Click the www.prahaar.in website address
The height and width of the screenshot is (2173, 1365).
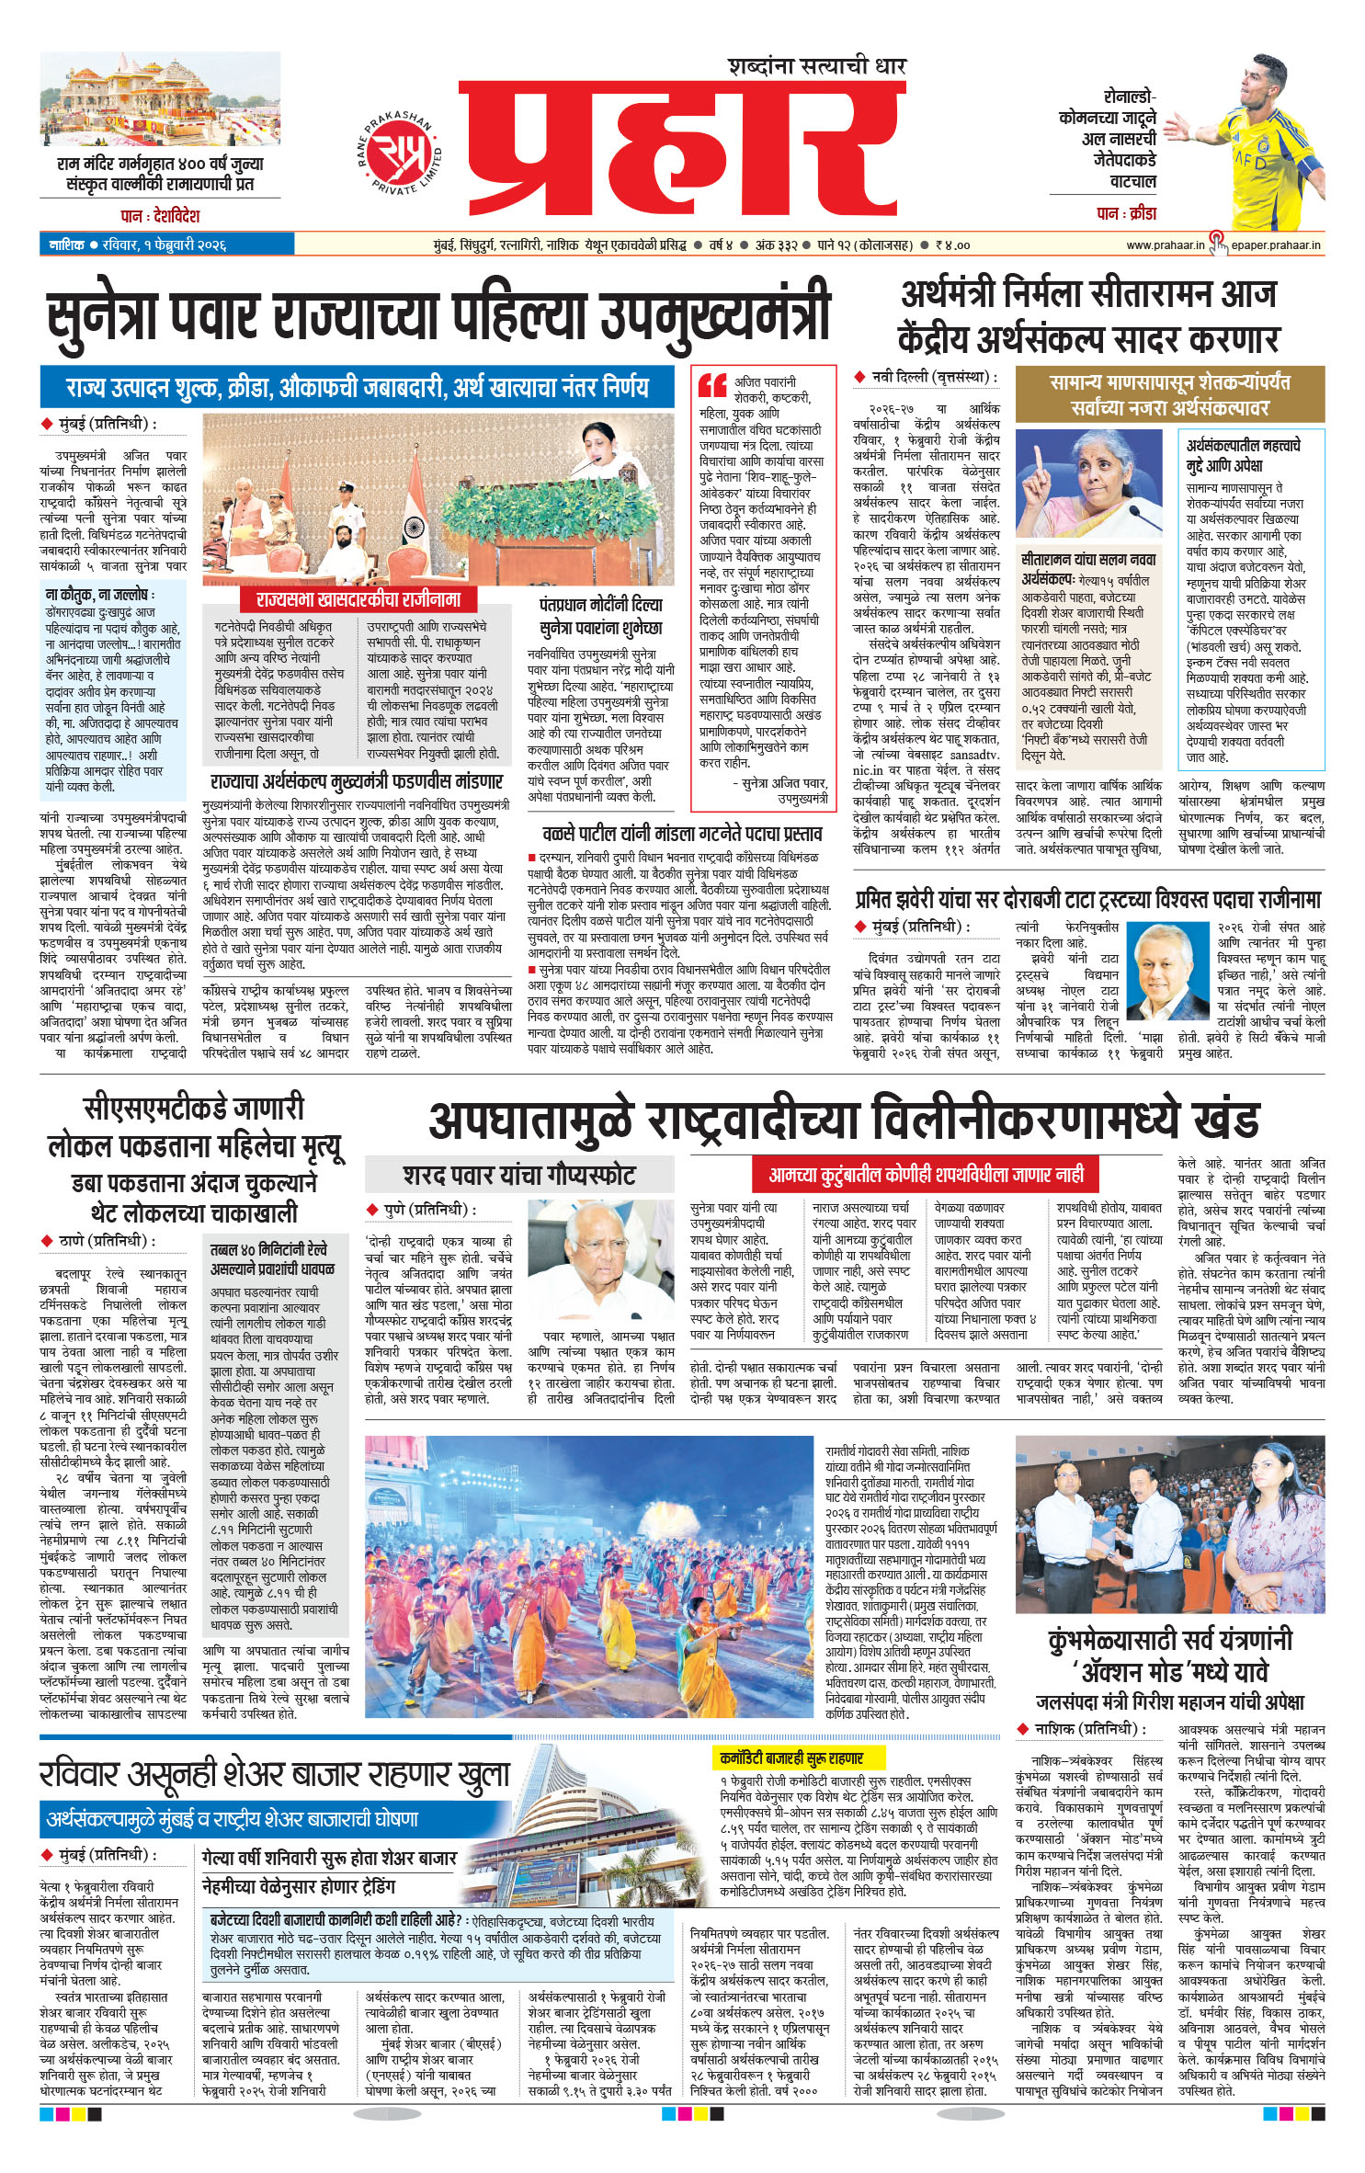pyautogui.click(x=1165, y=245)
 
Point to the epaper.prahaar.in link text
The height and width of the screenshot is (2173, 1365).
pyautogui.click(x=1276, y=245)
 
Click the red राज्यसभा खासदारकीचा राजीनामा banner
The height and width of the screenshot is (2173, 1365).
pyautogui.click(x=358, y=600)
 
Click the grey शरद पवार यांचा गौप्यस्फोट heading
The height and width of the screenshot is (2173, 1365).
pyautogui.click(x=519, y=1175)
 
